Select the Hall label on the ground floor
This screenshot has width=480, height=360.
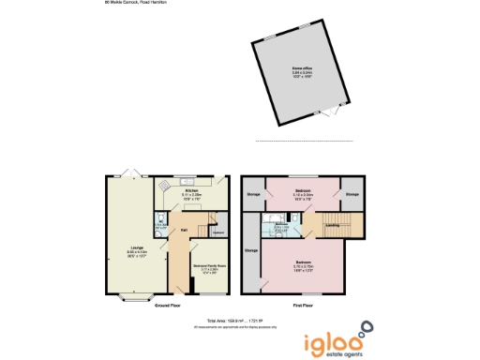coord(183,230)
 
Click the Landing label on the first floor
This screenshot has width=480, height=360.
coord(332,225)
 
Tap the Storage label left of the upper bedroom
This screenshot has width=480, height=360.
coord(252,194)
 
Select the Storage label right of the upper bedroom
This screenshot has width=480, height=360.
coord(352,194)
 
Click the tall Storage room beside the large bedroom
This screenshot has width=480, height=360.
coord(251,251)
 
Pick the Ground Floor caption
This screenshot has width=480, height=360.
coord(170,306)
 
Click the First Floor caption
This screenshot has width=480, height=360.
coord(303,306)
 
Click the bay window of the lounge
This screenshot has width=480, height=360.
coord(133,298)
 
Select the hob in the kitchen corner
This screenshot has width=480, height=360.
coord(161,186)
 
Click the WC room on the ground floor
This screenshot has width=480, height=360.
coord(159,222)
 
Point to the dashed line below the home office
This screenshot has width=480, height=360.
coord(305,142)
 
